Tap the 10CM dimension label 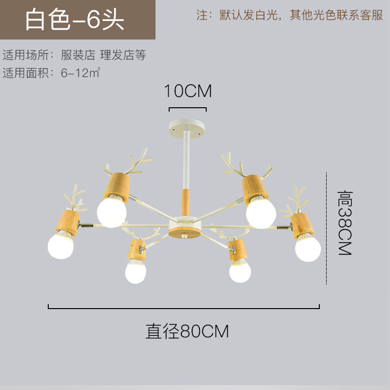[188, 91]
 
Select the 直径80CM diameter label [187, 331]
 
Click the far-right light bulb [308, 248]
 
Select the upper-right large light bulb [261, 212]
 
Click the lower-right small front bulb [239, 271]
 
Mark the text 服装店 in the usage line [78, 55]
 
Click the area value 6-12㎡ [81, 73]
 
